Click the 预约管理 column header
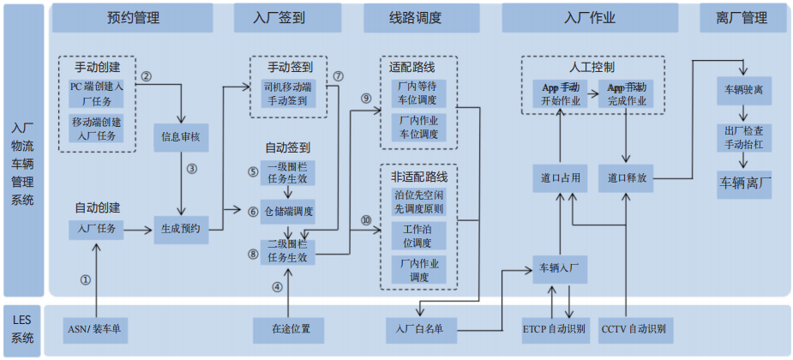click(133, 17)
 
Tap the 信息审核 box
click(181, 135)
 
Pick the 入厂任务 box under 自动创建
click(98, 229)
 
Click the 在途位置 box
click(288, 328)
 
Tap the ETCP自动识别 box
click(554, 328)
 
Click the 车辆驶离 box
click(743, 88)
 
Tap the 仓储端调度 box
click(288, 211)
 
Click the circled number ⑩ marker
click(365, 220)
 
